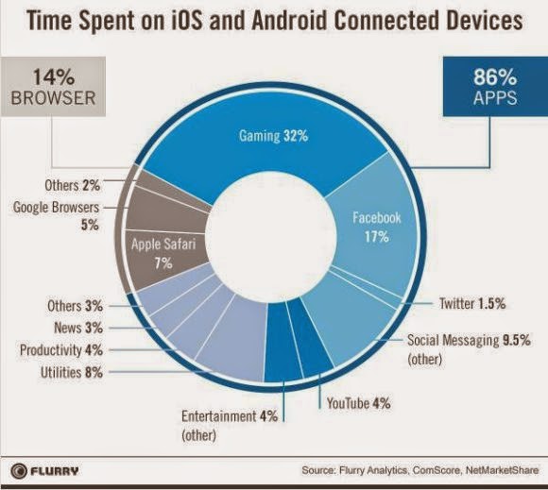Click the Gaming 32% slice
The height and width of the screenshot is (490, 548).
coord(265,146)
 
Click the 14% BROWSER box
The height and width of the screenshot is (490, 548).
coord(53,87)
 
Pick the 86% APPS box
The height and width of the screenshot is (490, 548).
coord(495,87)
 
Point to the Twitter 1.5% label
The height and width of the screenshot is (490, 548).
coord(472,303)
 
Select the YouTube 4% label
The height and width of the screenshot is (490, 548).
coord(359,403)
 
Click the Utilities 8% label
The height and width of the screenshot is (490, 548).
coord(72,372)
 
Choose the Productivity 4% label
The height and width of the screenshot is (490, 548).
coord(61,350)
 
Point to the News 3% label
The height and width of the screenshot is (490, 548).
coord(78,328)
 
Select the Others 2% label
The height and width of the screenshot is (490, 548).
coord(73,185)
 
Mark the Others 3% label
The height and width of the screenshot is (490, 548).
coord(76,306)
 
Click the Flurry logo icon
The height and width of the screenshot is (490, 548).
coord(19,471)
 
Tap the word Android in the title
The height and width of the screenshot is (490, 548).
coord(289,20)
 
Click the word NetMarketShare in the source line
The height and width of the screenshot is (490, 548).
coord(503,470)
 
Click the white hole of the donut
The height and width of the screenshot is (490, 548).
coord(271,241)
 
